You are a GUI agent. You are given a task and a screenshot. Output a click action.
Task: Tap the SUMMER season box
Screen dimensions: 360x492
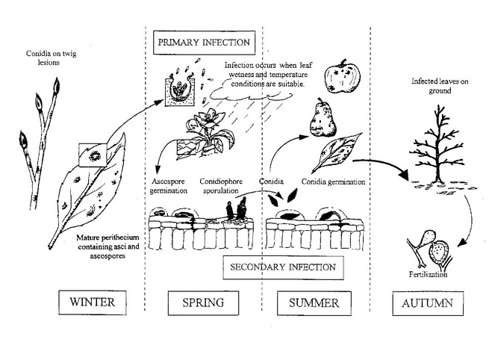(314, 303)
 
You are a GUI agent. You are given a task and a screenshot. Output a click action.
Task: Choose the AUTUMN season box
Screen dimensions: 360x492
(428, 303)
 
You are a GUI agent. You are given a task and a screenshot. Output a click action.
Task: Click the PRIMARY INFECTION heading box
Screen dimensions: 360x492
(203, 41)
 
